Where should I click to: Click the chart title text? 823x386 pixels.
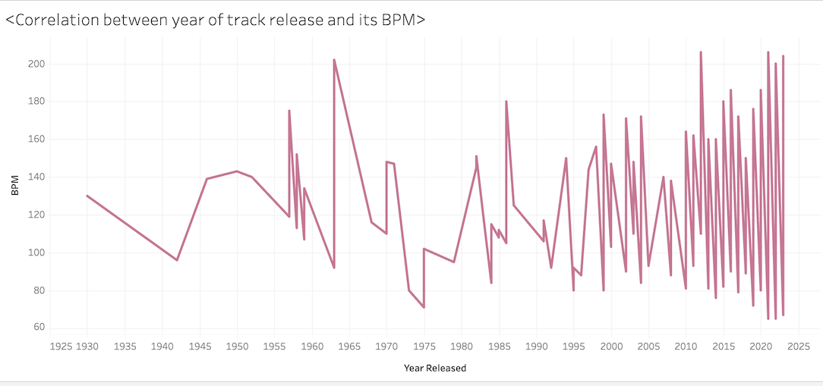tap(215, 20)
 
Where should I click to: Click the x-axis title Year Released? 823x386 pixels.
tap(435, 369)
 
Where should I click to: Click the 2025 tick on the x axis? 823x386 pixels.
tap(798, 347)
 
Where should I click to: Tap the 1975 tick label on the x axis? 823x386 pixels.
tap(424, 347)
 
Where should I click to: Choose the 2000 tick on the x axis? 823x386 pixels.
tap(611, 347)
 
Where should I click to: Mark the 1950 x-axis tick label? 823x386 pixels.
tap(237, 347)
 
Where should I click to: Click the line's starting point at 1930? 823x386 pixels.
tap(87, 196)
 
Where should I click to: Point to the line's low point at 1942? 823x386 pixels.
tap(177, 260)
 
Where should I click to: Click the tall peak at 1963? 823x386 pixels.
tap(334, 60)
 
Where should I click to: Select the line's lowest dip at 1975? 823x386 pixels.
tap(424, 307)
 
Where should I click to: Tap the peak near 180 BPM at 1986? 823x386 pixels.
tap(506, 101)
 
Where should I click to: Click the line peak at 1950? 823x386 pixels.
tap(237, 171)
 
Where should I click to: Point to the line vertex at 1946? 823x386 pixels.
tap(207, 179)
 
